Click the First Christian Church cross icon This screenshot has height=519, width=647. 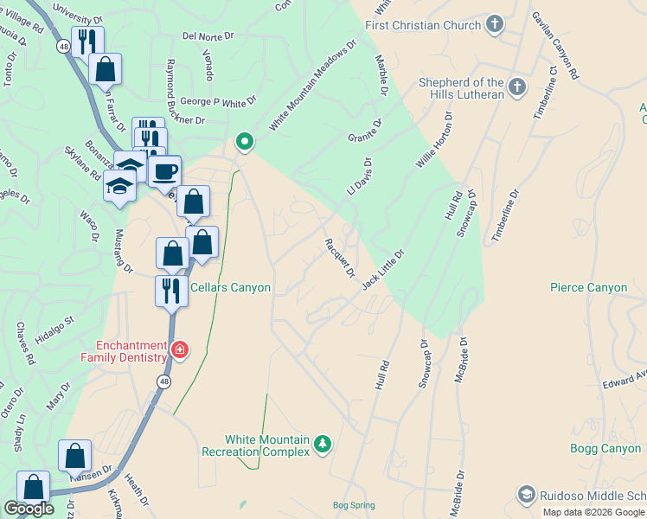(495, 23)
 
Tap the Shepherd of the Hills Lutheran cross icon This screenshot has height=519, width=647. (516, 86)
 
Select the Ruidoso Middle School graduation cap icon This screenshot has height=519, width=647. (526, 494)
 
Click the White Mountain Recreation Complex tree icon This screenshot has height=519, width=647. (322, 444)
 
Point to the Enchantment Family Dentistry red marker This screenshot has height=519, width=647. (179, 350)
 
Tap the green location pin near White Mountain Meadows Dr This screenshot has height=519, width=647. (245, 141)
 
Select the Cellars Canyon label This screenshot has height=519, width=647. (230, 288)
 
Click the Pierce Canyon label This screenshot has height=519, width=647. (588, 287)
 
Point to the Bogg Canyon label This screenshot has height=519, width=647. (605, 448)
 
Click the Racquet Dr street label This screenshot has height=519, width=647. (340, 258)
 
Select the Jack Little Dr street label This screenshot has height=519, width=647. (383, 269)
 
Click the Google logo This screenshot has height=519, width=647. (29, 509)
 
